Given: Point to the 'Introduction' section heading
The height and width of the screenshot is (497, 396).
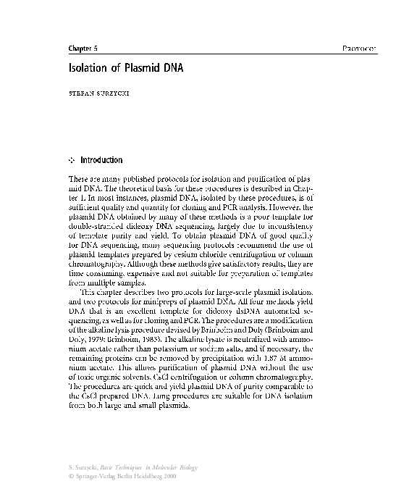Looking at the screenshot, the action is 101,160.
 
